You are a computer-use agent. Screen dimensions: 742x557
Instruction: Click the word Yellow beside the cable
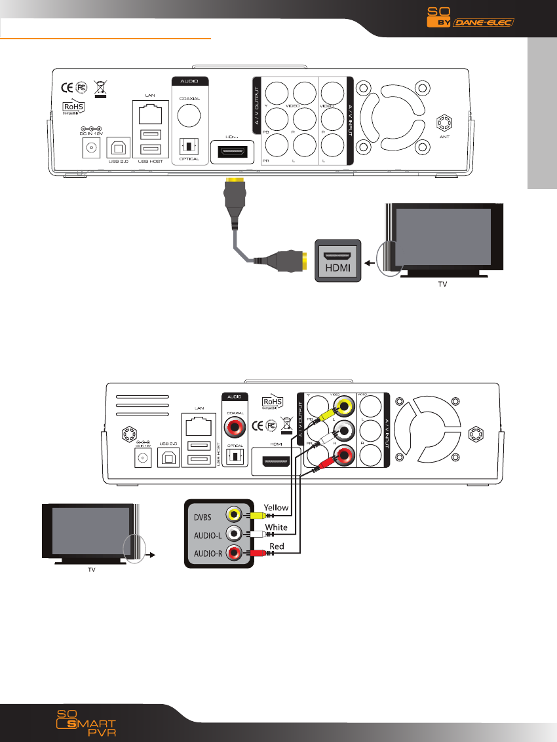pyautogui.click(x=276, y=506)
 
